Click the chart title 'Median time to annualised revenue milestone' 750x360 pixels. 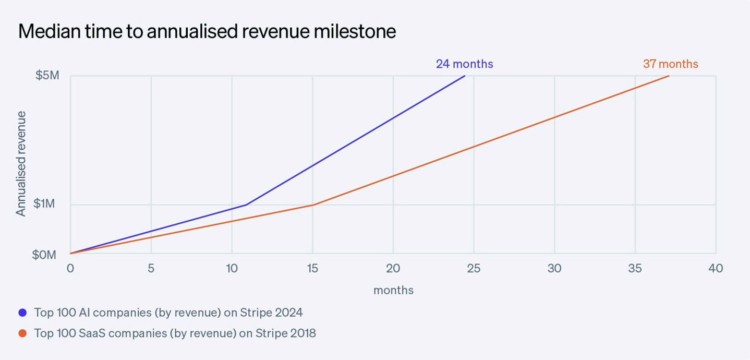(207, 32)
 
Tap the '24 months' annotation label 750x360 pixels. (464, 64)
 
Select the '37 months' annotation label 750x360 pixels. (670, 64)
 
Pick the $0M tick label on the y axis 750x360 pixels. (44, 255)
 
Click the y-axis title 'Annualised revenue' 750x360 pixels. (21, 163)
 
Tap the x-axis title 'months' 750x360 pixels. (393, 290)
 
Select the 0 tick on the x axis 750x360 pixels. (70, 268)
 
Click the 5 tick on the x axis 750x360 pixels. (151, 268)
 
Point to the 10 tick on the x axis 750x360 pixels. (232, 268)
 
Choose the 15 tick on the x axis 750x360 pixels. (312, 268)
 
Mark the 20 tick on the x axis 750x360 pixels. (393, 268)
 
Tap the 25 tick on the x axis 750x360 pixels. (474, 268)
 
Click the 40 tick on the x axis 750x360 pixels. (716, 268)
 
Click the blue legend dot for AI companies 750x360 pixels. (22, 313)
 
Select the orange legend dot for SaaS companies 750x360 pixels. (22, 333)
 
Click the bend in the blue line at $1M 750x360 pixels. (246, 205)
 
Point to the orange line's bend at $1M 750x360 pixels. (313, 205)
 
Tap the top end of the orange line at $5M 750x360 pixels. (669, 76)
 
